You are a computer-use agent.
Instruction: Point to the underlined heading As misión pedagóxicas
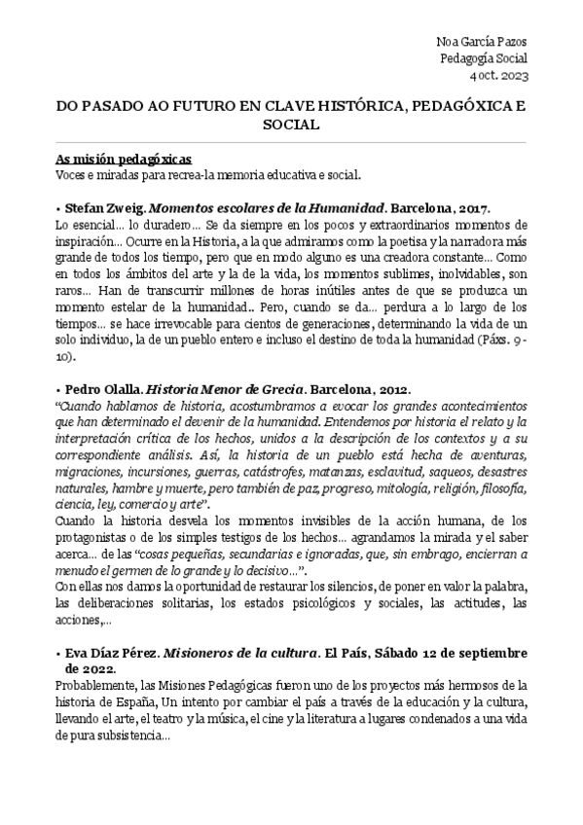click(x=124, y=159)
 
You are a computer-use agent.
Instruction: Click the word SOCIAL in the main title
click(x=291, y=126)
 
